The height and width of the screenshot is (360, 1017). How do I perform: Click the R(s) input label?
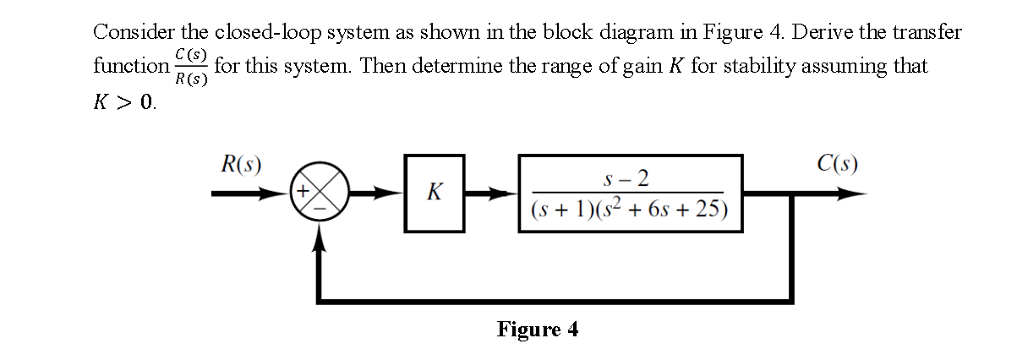tap(240, 163)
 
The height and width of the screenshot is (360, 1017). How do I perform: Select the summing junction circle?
tap(318, 194)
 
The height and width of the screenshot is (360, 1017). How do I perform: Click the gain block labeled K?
tap(434, 194)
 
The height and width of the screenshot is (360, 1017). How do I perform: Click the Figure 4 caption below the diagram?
tap(538, 329)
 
